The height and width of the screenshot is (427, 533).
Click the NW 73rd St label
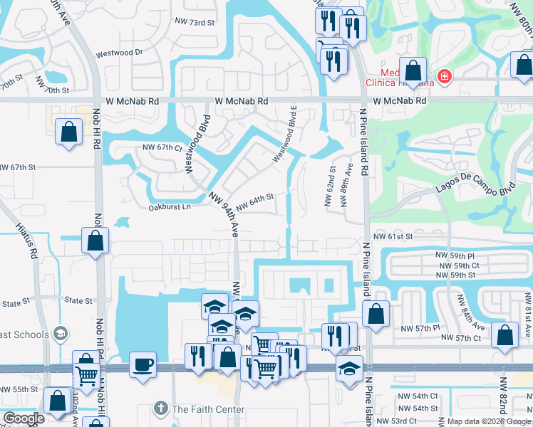coord(195,23)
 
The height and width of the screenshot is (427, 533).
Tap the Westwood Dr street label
coord(119,53)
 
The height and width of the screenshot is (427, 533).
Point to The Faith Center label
coord(208,409)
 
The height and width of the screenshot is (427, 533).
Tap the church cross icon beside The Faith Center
coord(162,409)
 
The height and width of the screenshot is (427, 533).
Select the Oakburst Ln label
coord(170,208)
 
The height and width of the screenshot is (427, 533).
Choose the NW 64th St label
coord(254,204)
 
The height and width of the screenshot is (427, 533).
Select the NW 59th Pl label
coord(455,255)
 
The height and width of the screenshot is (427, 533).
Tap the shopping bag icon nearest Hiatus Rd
coord(95,241)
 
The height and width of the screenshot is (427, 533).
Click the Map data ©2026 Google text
coord(488,421)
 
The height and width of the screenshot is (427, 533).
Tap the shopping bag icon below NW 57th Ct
coord(505,338)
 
